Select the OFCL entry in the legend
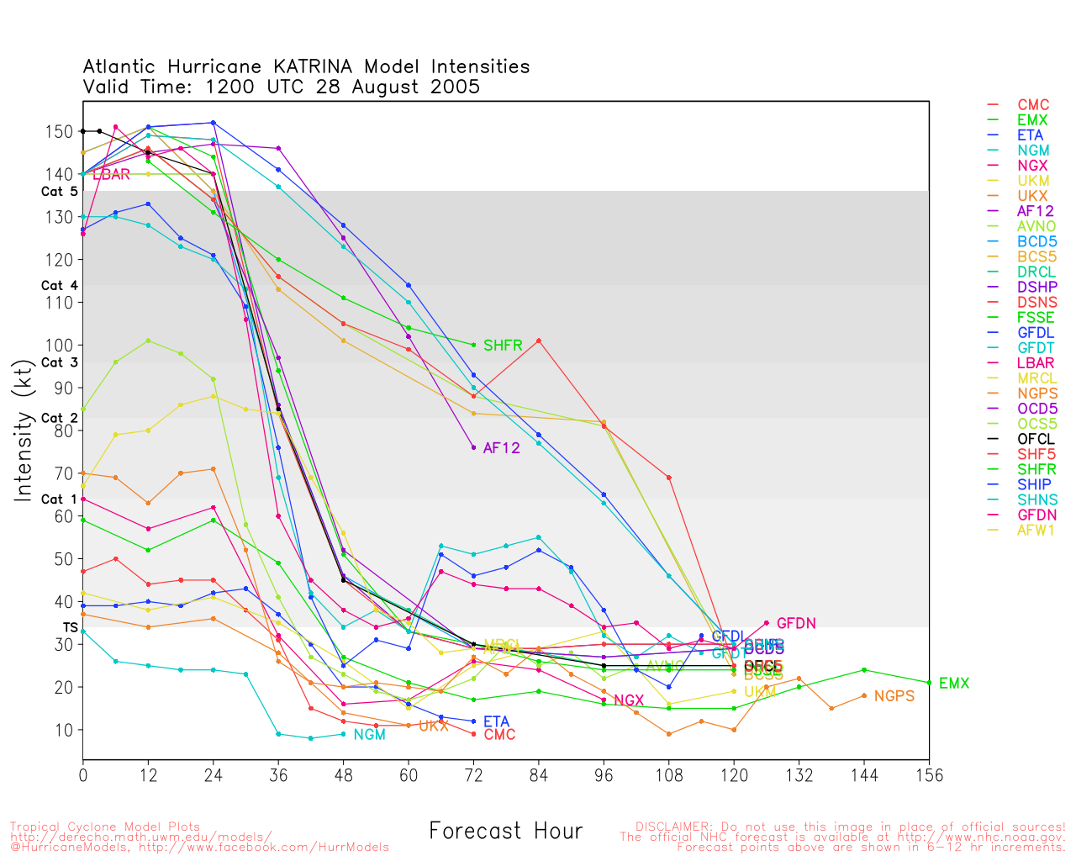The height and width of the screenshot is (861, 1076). coord(1036,439)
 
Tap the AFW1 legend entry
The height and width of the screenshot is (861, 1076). coord(1036,530)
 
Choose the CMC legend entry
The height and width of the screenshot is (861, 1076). coord(1033,105)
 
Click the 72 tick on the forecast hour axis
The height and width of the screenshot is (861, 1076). coord(474,775)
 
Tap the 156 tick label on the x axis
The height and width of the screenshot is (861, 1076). coord(929,775)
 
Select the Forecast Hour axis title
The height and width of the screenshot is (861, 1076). coord(505,832)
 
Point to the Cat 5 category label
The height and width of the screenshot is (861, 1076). coord(59,192)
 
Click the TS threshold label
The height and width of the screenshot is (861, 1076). coord(70,628)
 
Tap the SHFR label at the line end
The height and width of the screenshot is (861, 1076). coord(503,346)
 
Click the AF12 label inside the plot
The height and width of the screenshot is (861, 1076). coord(502,448)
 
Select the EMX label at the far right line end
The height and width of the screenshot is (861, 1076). coord(954,684)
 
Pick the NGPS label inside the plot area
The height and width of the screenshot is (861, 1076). coord(894,696)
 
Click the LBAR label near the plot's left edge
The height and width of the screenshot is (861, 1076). coord(111,175)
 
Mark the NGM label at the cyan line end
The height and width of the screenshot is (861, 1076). coord(369,735)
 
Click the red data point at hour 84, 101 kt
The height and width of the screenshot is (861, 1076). coord(539,341)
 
